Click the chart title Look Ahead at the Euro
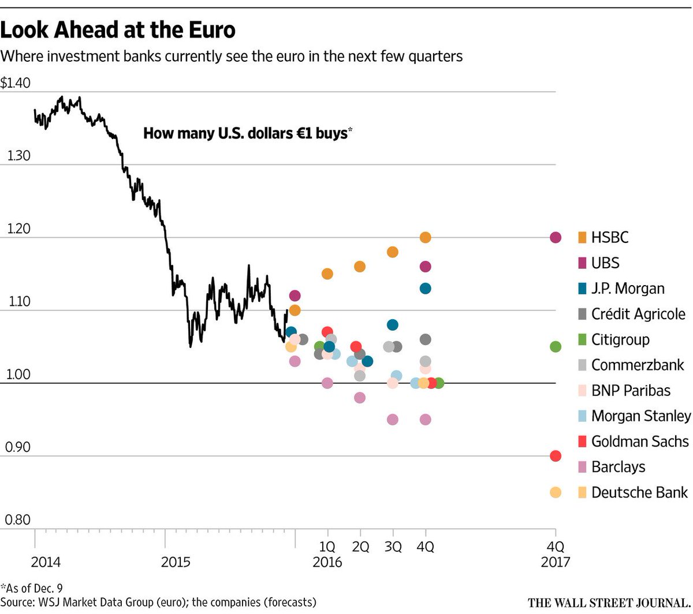[x=118, y=30]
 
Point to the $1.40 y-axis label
[x=16, y=84]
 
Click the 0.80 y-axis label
[x=17, y=520]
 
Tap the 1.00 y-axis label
[x=17, y=375]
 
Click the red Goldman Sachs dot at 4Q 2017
[x=556, y=456]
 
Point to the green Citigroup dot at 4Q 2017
[x=556, y=347]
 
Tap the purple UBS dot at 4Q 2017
[x=556, y=237]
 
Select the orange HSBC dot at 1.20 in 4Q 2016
[x=426, y=237]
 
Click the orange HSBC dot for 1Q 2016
[x=327, y=274]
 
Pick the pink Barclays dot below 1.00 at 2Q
[x=360, y=398]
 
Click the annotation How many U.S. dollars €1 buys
[x=247, y=133]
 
